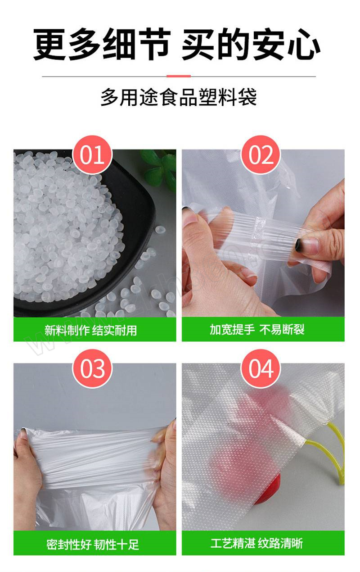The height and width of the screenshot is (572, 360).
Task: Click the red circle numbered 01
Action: click(92, 155)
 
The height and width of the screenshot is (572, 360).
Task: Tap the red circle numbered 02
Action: click(261, 155)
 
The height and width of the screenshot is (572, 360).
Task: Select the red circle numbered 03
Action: click(92, 369)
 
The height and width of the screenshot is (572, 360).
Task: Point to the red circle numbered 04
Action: click(261, 369)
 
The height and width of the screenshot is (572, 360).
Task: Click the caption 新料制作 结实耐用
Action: click(90, 330)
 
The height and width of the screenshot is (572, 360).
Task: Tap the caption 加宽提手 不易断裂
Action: click(257, 329)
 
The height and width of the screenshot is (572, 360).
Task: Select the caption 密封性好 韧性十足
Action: click(93, 542)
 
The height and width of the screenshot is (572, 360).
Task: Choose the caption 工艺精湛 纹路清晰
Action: click(256, 542)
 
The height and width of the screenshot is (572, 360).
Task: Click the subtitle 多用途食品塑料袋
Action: click(179, 97)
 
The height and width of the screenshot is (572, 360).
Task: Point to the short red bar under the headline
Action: click(179, 76)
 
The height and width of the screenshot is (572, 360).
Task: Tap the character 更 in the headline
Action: click(49, 45)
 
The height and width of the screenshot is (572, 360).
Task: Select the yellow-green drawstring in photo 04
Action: click(329, 454)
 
